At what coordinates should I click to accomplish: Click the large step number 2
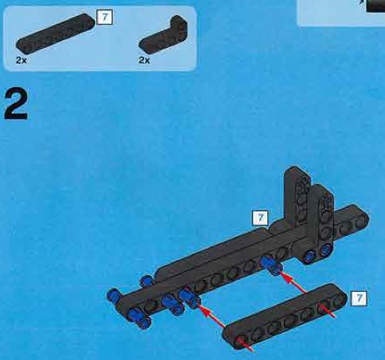pos(15,104)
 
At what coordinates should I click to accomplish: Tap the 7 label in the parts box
pos(105,18)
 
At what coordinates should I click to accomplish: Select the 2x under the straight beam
pos(22,60)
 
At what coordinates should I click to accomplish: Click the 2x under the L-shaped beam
pos(144,60)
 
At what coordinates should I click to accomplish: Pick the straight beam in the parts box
pos(55,32)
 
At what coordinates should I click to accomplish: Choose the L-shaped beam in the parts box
pos(163,34)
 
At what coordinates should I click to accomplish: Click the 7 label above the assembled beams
pos(260,218)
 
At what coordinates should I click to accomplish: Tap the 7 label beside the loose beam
pos(359,298)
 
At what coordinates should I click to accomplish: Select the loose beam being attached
pos(285,316)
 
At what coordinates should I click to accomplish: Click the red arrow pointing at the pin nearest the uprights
pos(294,284)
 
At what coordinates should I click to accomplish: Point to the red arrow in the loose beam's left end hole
pos(245,344)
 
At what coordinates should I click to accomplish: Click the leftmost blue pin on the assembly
pos(114,294)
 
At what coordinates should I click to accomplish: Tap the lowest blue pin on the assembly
pos(138,318)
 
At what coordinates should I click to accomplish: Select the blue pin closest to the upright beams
pos(271,265)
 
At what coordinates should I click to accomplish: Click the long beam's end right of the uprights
pos(361,217)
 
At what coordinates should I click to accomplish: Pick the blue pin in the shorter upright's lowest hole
pos(326,250)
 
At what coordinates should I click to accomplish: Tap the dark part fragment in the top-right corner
pos(375,6)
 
